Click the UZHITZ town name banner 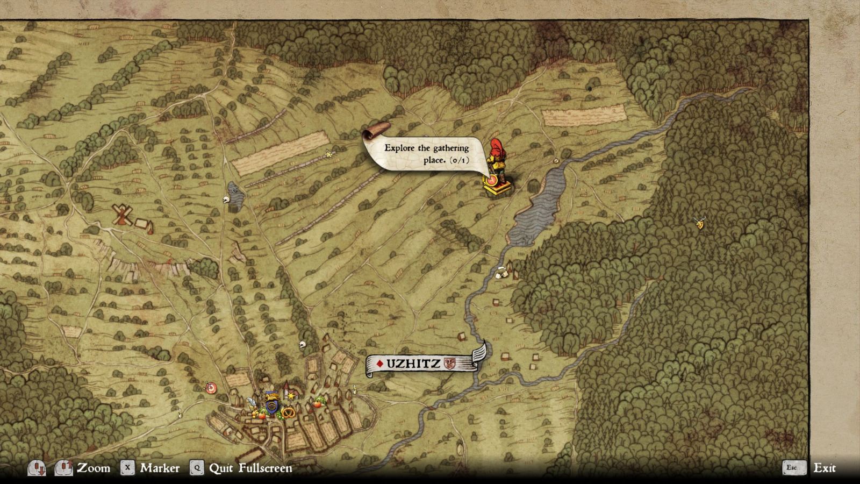(x=414, y=364)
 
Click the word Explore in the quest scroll (x=399, y=148)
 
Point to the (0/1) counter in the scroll (x=459, y=160)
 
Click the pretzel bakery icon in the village (x=288, y=412)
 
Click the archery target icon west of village (x=211, y=388)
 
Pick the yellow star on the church (x=291, y=396)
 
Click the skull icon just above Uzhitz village (x=302, y=345)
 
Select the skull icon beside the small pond (x=226, y=200)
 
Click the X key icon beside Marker (x=127, y=468)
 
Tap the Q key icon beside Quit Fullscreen (x=197, y=468)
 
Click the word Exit (x=825, y=468)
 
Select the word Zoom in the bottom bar (x=94, y=468)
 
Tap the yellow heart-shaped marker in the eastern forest (x=699, y=223)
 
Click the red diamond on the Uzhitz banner (x=379, y=364)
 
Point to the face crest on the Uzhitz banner (x=449, y=364)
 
